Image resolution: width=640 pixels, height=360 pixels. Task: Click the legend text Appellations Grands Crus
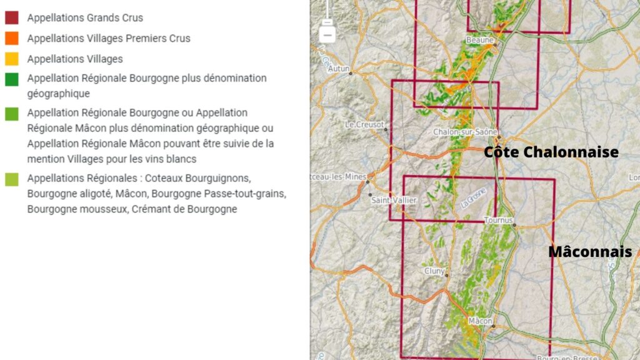pyautogui.click(x=85, y=18)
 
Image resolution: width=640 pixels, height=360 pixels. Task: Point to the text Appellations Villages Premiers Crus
pyautogui.click(x=109, y=38)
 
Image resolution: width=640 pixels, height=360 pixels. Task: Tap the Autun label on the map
pyautogui.click(x=339, y=68)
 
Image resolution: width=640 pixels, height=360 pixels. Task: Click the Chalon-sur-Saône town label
pyautogui.click(x=465, y=132)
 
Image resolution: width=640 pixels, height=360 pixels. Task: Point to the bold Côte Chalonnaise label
pyautogui.click(x=551, y=152)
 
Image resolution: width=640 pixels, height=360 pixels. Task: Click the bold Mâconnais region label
pyautogui.click(x=590, y=251)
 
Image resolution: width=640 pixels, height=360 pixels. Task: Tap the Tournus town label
pyautogui.click(x=498, y=220)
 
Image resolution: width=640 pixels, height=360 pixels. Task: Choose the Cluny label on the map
pyautogui.click(x=434, y=271)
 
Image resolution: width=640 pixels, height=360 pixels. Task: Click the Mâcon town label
pyautogui.click(x=480, y=321)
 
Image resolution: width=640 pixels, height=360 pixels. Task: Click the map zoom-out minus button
pyautogui.click(x=327, y=32)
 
